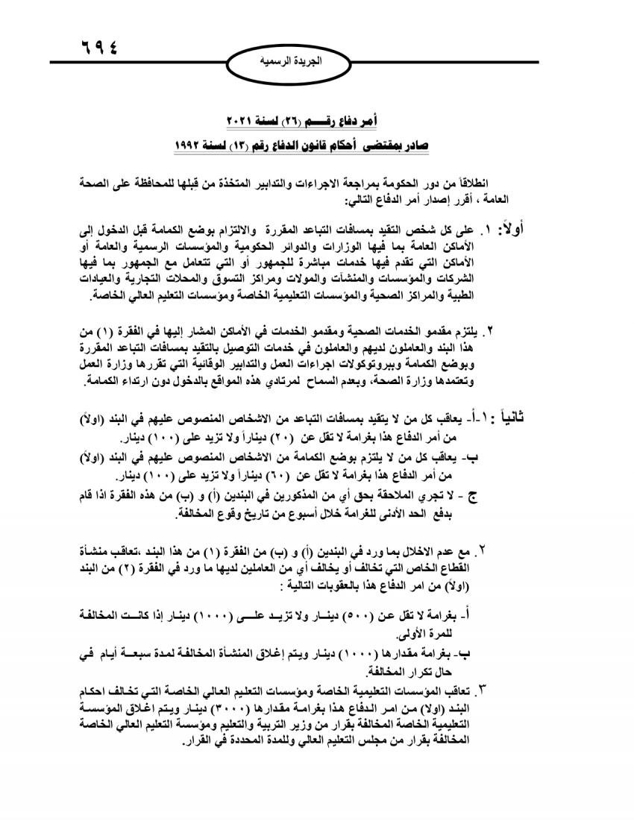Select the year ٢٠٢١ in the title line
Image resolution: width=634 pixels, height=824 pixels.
click(245, 121)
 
